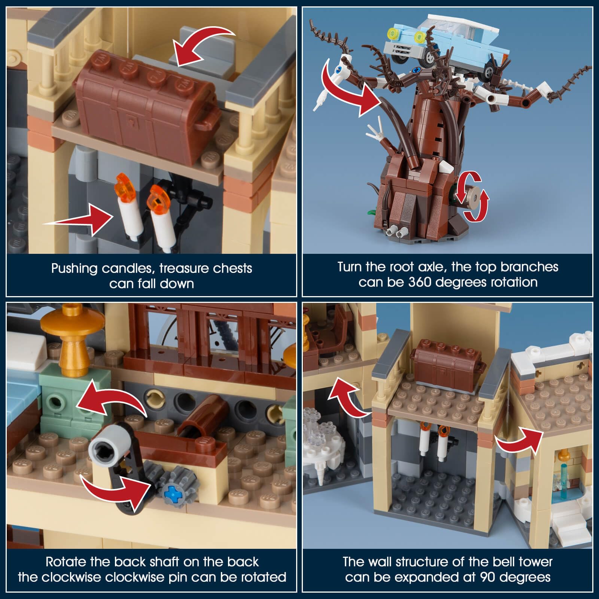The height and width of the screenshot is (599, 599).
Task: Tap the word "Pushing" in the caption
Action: click(74, 269)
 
